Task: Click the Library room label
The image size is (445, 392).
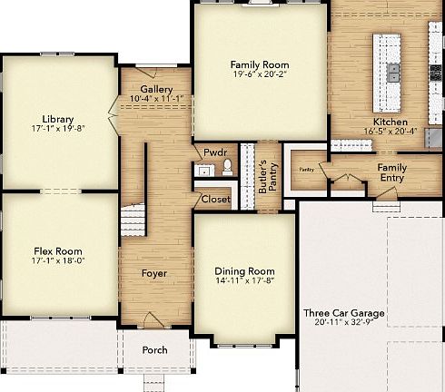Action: tap(57, 119)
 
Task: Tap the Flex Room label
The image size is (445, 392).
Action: tap(58, 252)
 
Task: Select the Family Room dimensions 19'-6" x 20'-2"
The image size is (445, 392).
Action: tap(259, 75)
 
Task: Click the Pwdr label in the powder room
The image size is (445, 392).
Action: tap(214, 152)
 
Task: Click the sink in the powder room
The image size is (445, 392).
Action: tap(204, 169)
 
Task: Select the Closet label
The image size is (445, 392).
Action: tap(216, 199)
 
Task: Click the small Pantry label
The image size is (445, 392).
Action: tap(306, 169)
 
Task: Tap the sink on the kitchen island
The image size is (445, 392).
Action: tap(393, 70)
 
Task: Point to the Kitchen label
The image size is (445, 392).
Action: tap(391, 122)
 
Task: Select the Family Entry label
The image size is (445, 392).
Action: tap(392, 172)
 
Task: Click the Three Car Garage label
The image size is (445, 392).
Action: tap(343, 313)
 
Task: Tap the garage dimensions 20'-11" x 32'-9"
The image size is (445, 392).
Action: tap(343, 323)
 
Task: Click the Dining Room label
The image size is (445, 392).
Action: tap(244, 271)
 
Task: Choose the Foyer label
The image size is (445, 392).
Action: tap(153, 273)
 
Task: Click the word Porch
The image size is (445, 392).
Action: tap(153, 349)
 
